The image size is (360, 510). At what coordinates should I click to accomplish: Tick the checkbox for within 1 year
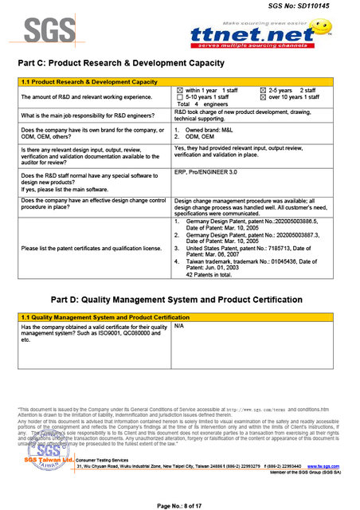[x=179, y=91]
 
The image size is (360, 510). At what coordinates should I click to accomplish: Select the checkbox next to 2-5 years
[x=264, y=91]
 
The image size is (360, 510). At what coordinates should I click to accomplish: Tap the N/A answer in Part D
[x=179, y=327]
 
